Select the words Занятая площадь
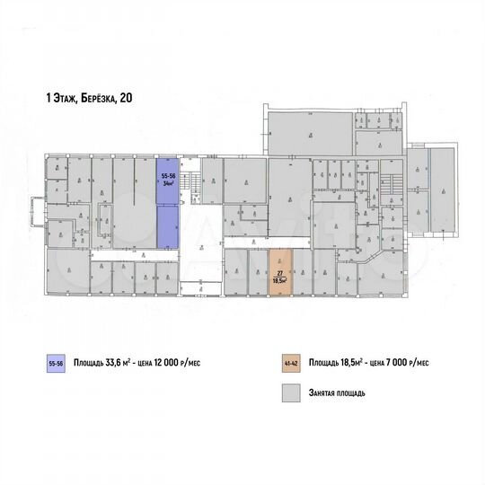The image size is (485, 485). point(339,393)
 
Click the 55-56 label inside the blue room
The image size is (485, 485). point(168,175)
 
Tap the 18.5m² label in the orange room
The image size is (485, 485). point(280,281)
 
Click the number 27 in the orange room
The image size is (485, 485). point(280,274)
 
